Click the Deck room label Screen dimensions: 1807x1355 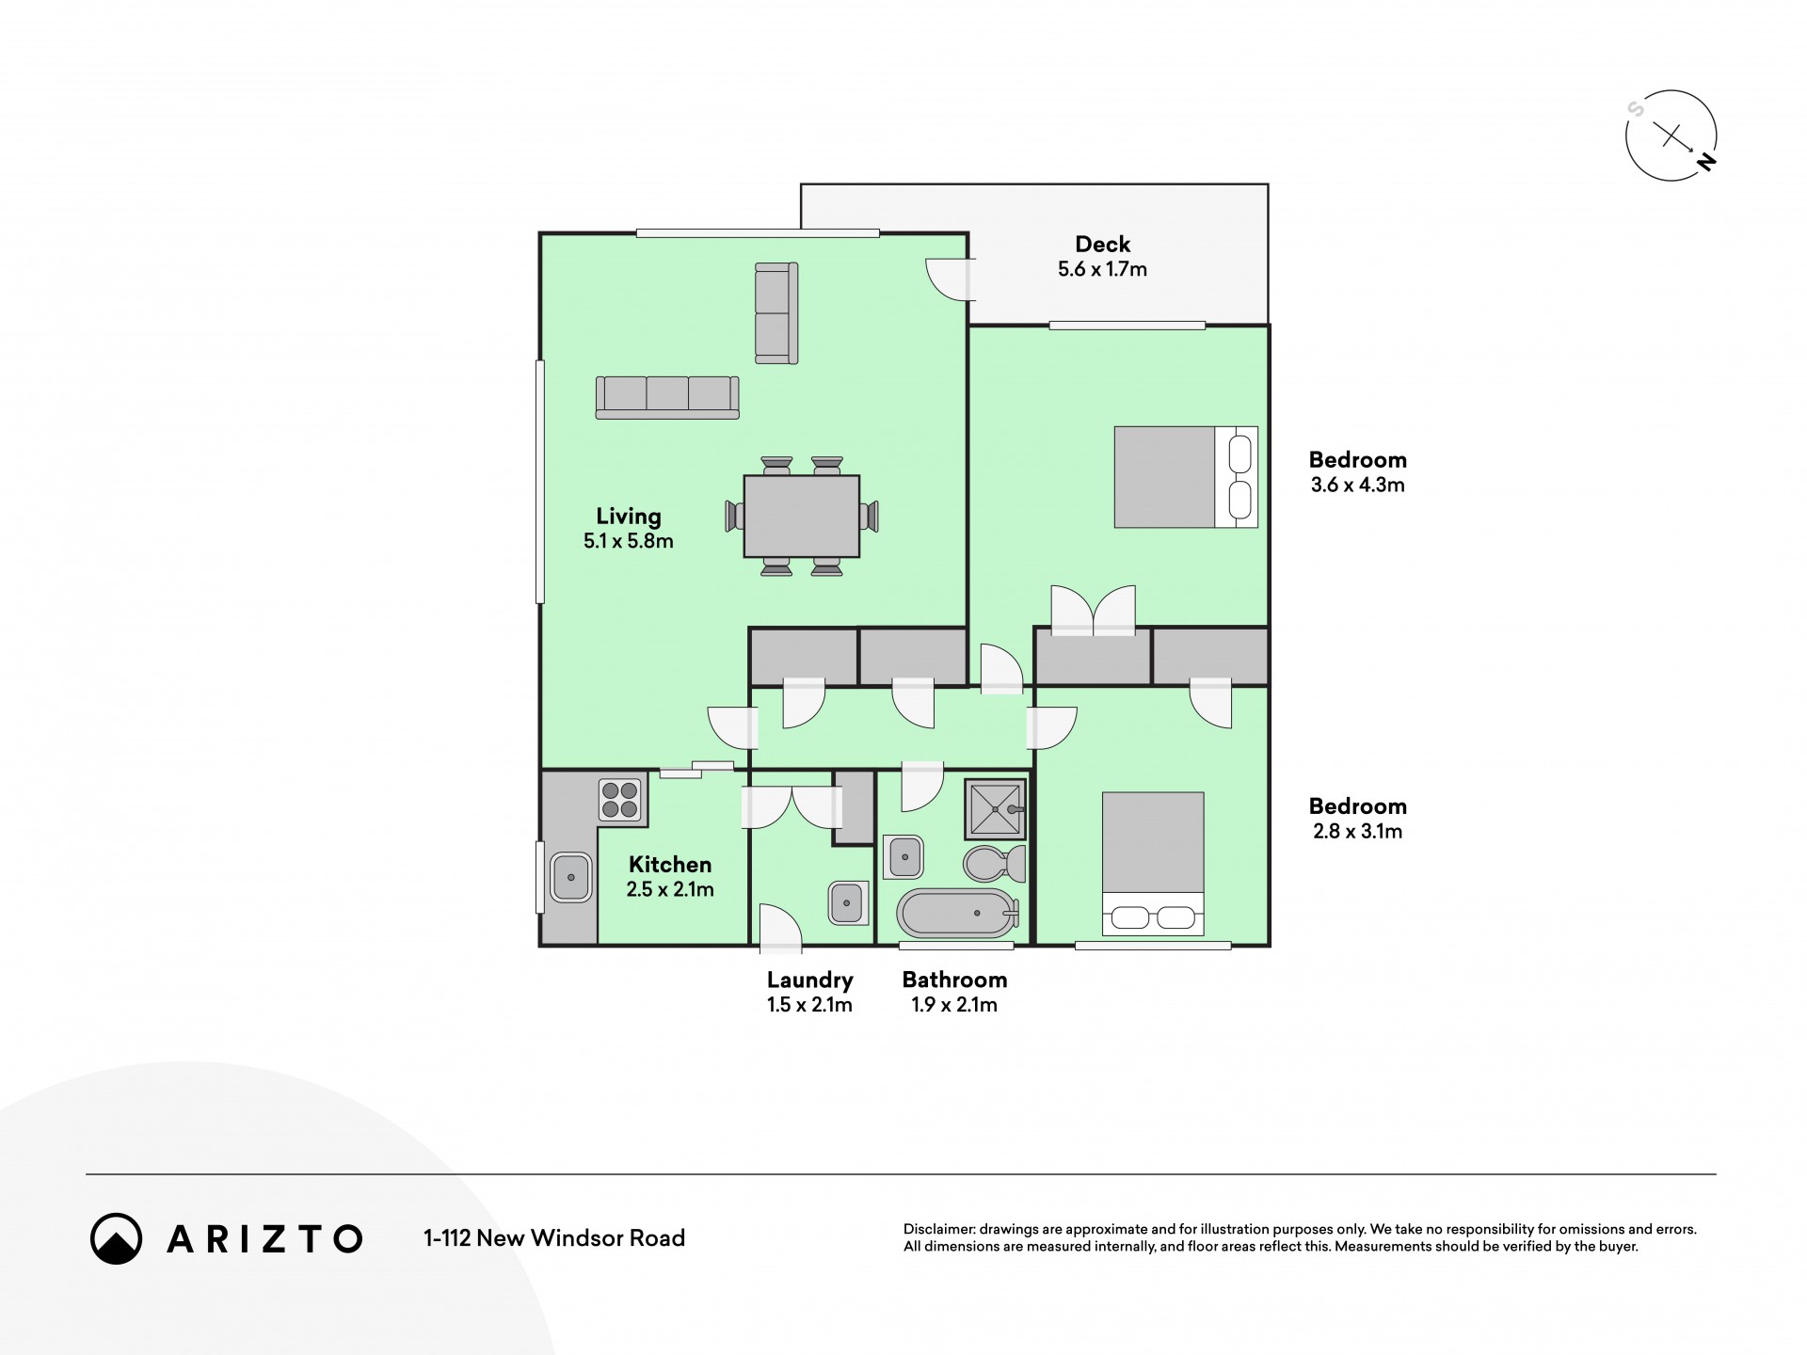[1102, 245]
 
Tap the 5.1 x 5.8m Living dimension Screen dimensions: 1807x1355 [628, 541]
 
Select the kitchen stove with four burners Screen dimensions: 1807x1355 [620, 800]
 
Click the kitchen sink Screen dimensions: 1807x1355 [570, 876]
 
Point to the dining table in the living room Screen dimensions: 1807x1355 [801, 516]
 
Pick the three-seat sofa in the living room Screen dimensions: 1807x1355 [666, 397]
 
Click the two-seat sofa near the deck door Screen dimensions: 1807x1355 [776, 312]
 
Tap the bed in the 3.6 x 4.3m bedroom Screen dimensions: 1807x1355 [1186, 477]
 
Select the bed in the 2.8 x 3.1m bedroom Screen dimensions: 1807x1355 [1153, 863]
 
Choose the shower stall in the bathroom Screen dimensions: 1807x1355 [995, 809]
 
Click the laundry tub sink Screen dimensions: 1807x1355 [848, 903]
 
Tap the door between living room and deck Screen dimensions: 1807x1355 [949, 279]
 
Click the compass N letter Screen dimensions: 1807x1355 [1705, 162]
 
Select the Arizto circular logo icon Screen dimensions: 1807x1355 [116, 1238]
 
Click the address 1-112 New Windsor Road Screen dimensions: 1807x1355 [554, 1238]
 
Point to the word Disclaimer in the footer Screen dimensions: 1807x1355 [939, 1229]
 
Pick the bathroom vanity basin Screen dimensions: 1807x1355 [903, 857]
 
